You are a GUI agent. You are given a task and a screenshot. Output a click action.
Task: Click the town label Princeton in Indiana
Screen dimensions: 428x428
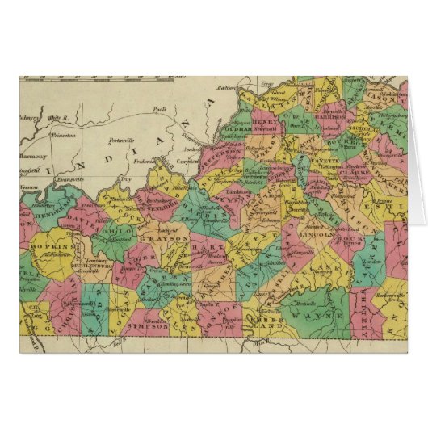click(x=63, y=136)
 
